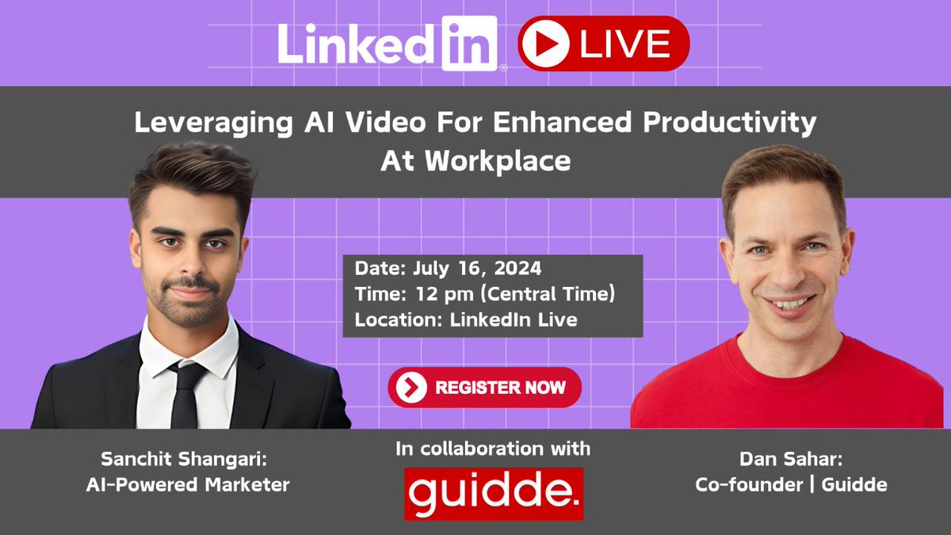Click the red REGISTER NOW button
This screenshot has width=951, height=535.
485,388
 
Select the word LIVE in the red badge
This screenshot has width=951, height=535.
624,44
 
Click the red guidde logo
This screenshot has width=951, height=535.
494,494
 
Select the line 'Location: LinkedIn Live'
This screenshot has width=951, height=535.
466,320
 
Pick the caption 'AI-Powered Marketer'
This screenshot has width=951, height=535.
188,484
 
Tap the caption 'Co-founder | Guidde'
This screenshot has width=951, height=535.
791,484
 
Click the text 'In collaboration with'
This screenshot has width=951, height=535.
493,449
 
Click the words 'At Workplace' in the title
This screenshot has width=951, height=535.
475,160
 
